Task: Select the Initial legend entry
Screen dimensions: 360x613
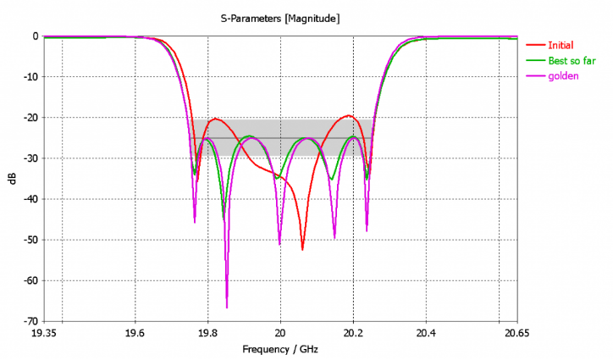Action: click(561, 45)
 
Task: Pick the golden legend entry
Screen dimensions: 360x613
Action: click(562, 77)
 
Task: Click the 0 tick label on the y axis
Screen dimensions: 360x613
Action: click(35, 36)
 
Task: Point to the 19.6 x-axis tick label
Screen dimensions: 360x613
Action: click(134, 333)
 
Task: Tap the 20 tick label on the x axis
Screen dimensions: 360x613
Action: click(280, 333)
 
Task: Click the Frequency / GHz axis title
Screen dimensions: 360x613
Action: click(280, 349)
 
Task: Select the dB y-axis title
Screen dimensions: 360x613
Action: click(12, 179)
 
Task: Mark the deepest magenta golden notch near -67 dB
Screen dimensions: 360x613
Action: click(227, 307)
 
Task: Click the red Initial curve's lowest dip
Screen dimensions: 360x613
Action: click(302, 249)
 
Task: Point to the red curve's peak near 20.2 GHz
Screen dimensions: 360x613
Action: click(348, 115)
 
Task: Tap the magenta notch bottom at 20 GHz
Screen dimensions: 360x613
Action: click(279, 244)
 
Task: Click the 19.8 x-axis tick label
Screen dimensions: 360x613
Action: click(207, 333)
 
